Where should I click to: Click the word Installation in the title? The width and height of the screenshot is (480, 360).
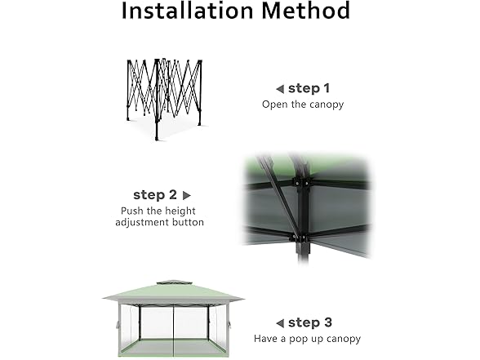(187, 11)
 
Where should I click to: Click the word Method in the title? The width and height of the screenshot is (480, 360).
(306, 11)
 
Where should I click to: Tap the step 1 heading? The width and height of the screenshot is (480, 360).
(309, 88)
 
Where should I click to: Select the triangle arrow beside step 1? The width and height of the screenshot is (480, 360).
(280, 89)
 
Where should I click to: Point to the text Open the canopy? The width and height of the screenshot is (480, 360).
(303, 104)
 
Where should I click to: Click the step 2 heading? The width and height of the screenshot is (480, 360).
(155, 194)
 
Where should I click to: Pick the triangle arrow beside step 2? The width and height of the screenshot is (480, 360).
(186, 195)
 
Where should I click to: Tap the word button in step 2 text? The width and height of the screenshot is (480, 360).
(188, 222)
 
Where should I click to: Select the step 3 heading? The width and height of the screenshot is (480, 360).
(310, 322)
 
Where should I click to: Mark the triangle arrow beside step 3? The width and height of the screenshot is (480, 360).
(280, 323)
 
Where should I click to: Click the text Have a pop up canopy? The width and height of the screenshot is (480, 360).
(307, 339)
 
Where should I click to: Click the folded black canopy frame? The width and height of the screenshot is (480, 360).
(164, 99)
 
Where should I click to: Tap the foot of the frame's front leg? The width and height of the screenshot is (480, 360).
(157, 139)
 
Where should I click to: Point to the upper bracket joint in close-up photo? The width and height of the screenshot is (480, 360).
(301, 181)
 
